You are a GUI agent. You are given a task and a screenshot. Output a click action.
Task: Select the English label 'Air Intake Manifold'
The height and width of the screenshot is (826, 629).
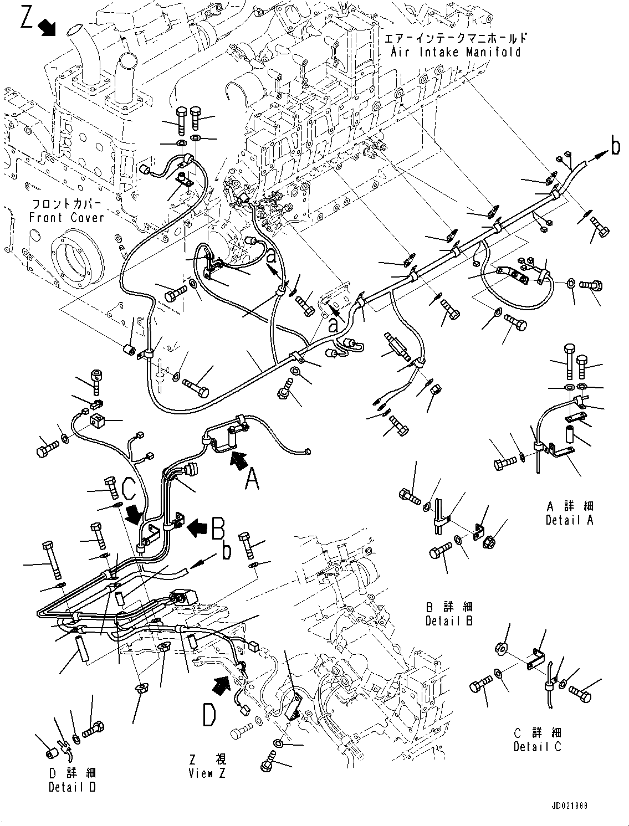(x=456, y=52)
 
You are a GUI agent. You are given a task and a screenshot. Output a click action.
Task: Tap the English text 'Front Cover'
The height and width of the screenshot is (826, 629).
(x=67, y=217)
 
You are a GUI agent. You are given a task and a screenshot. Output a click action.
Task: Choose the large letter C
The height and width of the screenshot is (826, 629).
(x=129, y=488)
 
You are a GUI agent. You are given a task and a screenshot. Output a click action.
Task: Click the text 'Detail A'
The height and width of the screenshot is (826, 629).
(x=569, y=520)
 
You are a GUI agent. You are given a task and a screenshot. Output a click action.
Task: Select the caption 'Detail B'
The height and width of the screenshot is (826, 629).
(x=449, y=621)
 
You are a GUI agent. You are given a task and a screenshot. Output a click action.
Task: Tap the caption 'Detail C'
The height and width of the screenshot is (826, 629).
(x=537, y=746)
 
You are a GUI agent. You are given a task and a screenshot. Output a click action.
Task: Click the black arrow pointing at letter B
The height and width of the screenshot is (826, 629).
(x=196, y=527)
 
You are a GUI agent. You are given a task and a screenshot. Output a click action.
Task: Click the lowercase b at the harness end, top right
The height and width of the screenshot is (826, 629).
(x=615, y=146)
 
